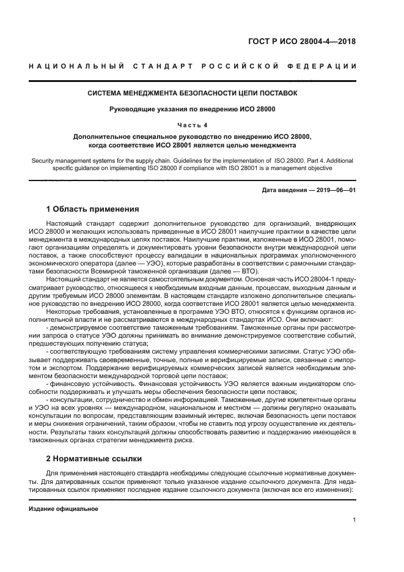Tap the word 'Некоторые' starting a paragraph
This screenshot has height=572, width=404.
pyautogui.click(x=64, y=310)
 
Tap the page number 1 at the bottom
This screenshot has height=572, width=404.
pyautogui.click(x=354, y=521)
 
